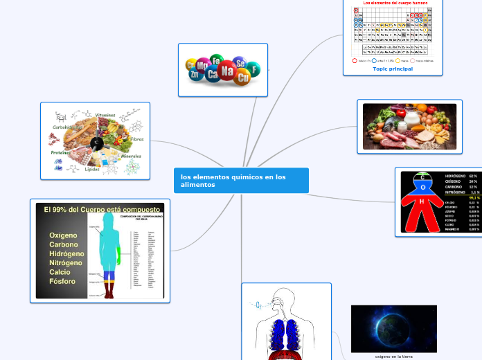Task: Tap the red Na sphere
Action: [227, 70]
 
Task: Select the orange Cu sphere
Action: [242, 78]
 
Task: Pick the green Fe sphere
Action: [216, 61]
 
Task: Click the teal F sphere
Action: [255, 70]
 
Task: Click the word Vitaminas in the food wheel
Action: [105, 115]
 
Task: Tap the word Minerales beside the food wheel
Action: [131, 156]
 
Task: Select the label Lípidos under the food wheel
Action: [92, 170]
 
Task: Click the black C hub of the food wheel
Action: [97, 143]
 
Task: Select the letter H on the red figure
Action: [422, 201]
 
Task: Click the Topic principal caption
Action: [393, 69]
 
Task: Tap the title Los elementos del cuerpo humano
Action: [393, 3]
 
